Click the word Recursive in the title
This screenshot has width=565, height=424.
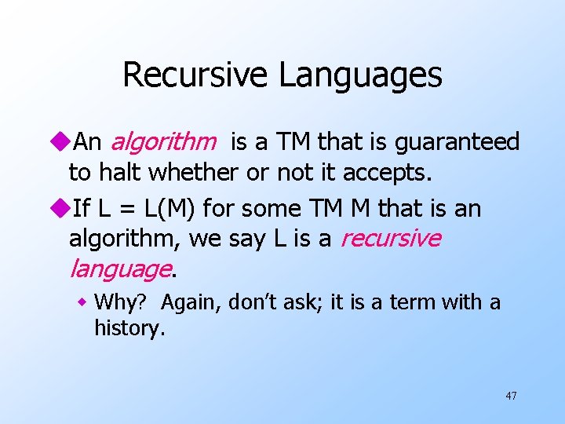195,75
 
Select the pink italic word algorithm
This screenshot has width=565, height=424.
163,142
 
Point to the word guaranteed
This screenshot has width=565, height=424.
458,142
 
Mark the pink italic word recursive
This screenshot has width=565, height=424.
389,239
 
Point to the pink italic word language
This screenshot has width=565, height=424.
119,269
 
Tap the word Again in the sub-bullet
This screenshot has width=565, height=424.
186,302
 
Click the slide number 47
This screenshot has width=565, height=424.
511,396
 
